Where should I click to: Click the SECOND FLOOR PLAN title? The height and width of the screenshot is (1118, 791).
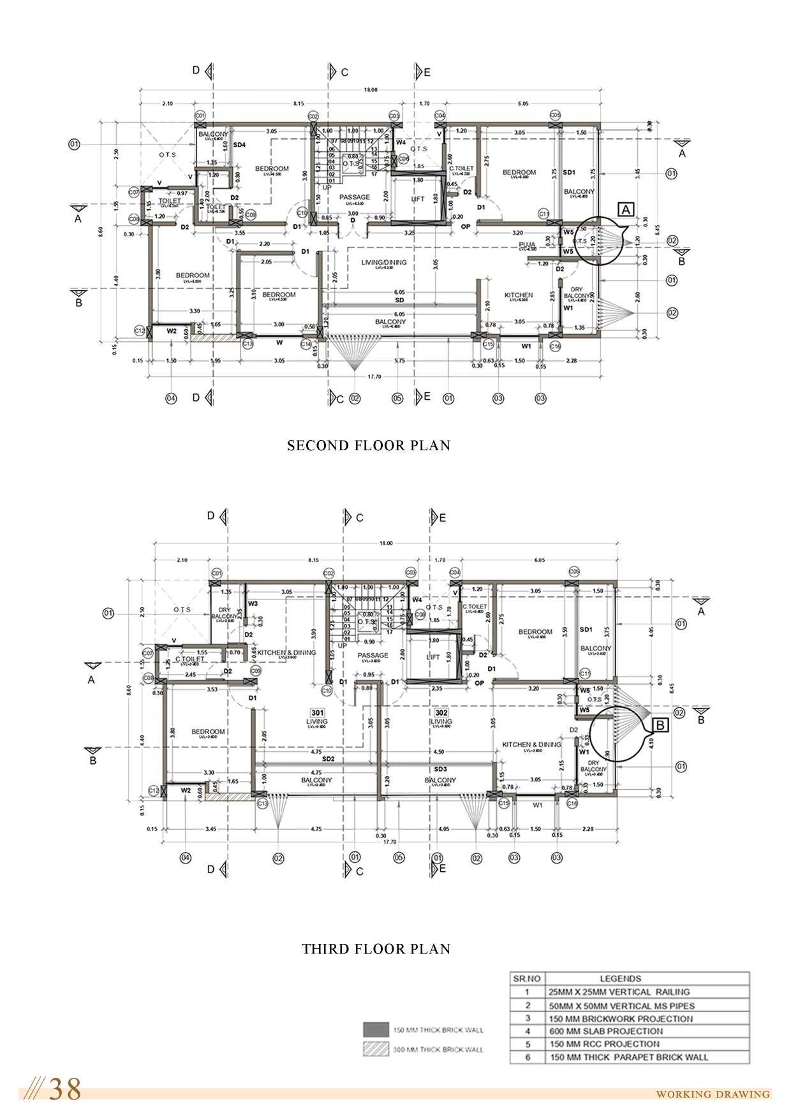point(369,446)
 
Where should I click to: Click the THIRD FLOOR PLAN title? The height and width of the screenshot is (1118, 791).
point(376,949)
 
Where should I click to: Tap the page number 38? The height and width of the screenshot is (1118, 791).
point(66,1090)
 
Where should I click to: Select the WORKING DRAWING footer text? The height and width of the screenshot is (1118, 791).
point(713,1094)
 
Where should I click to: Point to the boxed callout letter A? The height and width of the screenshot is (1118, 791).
point(626,209)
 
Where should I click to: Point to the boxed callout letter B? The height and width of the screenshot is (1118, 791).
point(660,725)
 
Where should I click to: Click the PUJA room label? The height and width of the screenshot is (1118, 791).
point(527,244)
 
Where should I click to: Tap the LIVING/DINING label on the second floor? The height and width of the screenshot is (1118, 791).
point(384,263)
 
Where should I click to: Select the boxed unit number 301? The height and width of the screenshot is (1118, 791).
point(317,712)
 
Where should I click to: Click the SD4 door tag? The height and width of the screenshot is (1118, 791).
point(240,145)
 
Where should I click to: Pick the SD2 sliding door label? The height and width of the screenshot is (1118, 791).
point(329,760)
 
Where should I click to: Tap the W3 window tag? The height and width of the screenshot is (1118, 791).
point(253,603)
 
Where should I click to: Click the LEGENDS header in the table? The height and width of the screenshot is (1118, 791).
point(621,978)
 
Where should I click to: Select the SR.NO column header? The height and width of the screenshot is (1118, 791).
point(527,978)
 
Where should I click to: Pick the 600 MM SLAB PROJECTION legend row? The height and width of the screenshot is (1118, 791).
point(605,1031)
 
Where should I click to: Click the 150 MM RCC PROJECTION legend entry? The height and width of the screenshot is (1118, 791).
point(603,1044)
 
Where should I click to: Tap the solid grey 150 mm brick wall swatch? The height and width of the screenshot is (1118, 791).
point(376,1029)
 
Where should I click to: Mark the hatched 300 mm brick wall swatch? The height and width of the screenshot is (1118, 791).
point(376,1048)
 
